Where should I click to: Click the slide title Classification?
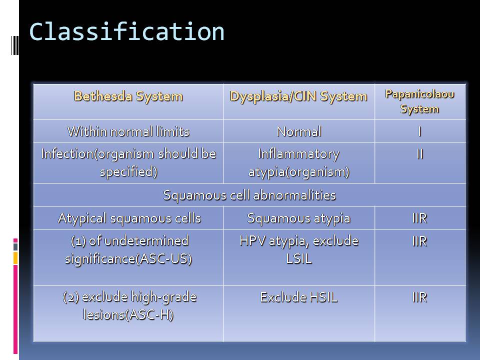(126, 32)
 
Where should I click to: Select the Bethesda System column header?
(128, 96)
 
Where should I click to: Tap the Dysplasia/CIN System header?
(298, 96)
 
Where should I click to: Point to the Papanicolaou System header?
(419, 101)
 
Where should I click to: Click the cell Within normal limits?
(128, 131)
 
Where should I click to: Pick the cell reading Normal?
(299, 131)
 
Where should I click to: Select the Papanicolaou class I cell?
(419, 131)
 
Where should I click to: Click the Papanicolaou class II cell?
(419, 153)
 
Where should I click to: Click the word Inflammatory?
(299, 154)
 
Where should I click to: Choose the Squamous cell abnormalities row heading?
(249, 195)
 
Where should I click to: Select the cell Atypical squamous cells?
(129, 218)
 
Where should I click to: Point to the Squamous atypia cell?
(299, 218)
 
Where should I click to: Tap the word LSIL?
(299, 259)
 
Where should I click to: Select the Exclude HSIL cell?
(299, 297)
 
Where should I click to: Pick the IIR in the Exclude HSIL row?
(419, 297)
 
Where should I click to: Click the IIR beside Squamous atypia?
(419, 218)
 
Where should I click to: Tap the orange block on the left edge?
(15, 258)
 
